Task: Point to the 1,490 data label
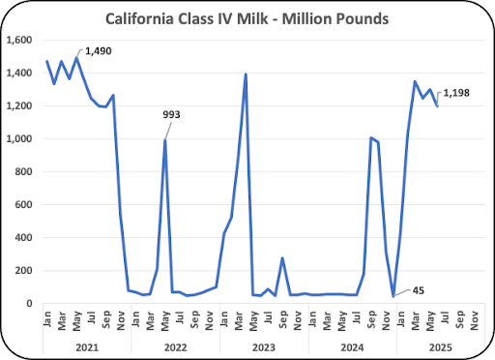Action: (x=99, y=51)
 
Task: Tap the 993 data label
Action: (x=171, y=114)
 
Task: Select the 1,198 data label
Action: (x=456, y=93)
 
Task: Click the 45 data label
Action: (x=419, y=290)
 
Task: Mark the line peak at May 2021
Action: (x=76, y=58)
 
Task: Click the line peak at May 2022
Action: (x=164, y=140)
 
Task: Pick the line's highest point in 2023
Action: (x=246, y=75)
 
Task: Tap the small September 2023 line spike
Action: (x=282, y=258)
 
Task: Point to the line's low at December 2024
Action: (x=393, y=296)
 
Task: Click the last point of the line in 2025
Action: (x=437, y=105)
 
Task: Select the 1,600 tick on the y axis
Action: (x=19, y=40)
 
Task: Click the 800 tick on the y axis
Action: (x=23, y=171)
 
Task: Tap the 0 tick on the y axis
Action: (x=29, y=303)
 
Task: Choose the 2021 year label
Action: (x=87, y=347)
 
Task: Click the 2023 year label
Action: (x=264, y=347)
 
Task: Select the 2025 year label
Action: (x=441, y=347)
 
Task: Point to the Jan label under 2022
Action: (x=135, y=318)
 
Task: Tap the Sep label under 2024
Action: (x=371, y=319)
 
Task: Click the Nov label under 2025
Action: (x=474, y=320)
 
